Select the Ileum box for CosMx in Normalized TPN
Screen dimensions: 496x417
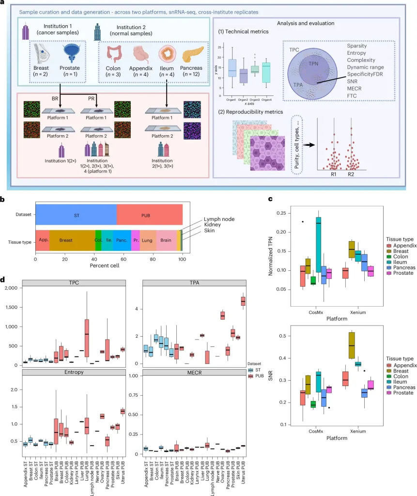pyautogui.click(x=318, y=245)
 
